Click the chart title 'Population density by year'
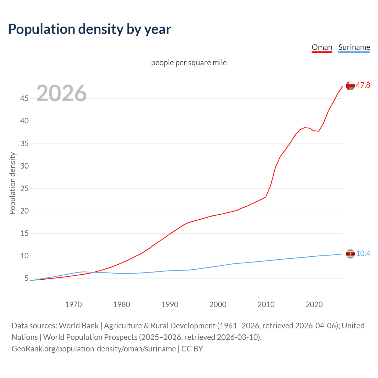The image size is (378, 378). pyautogui.click(x=89, y=29)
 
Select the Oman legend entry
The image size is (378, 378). pyautogui.click(x=322, y=47)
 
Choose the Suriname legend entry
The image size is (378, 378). pyautogui.click(x=354, y=47)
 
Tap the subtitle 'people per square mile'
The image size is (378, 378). pyautogui.click(x=189, y=63)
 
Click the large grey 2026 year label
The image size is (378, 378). pyautogui.click(x=61, y=93)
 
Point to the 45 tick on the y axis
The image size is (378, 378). pyautogui.click(x=25, y=98)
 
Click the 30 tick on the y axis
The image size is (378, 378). pyautogui.click(x=25, y=166)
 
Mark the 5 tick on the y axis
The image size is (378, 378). pyautogui.click(x=27, y=278)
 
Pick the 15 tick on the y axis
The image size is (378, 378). pyautogui.click(x=25, y=233)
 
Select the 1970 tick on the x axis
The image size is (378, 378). pyautogui.click(x=74, y=304)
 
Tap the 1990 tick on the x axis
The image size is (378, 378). pyautogui.click(x=170, y=304)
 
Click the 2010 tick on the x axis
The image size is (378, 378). pyautogui.click(x=266, y=304)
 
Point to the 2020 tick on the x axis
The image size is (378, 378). pyautogui.click(x=314, y=304)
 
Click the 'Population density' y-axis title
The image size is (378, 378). pyautogui.click(x=12, y=183)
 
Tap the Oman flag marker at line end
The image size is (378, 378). pyautogui.click(x=350, y=86)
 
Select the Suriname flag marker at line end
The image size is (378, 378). pyautogui.click(x=350, y=254)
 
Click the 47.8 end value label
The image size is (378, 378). pyautogui.click(x=363, y=85)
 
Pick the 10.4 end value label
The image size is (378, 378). pyautogui.click(x=363, y=254)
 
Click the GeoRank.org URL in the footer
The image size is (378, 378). pyautogui.click(x=94, y=348)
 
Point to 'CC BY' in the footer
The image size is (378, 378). pyautogui.click(x=192, y=348)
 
